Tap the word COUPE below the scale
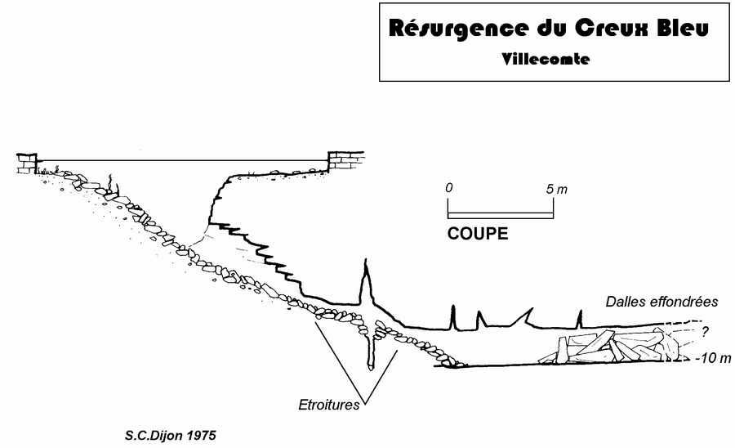(478, 234)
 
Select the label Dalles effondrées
(661, 302)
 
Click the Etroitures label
(329, 404)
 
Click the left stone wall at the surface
(27, 163)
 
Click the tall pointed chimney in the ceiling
(367, 282)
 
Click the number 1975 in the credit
(203, 434)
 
